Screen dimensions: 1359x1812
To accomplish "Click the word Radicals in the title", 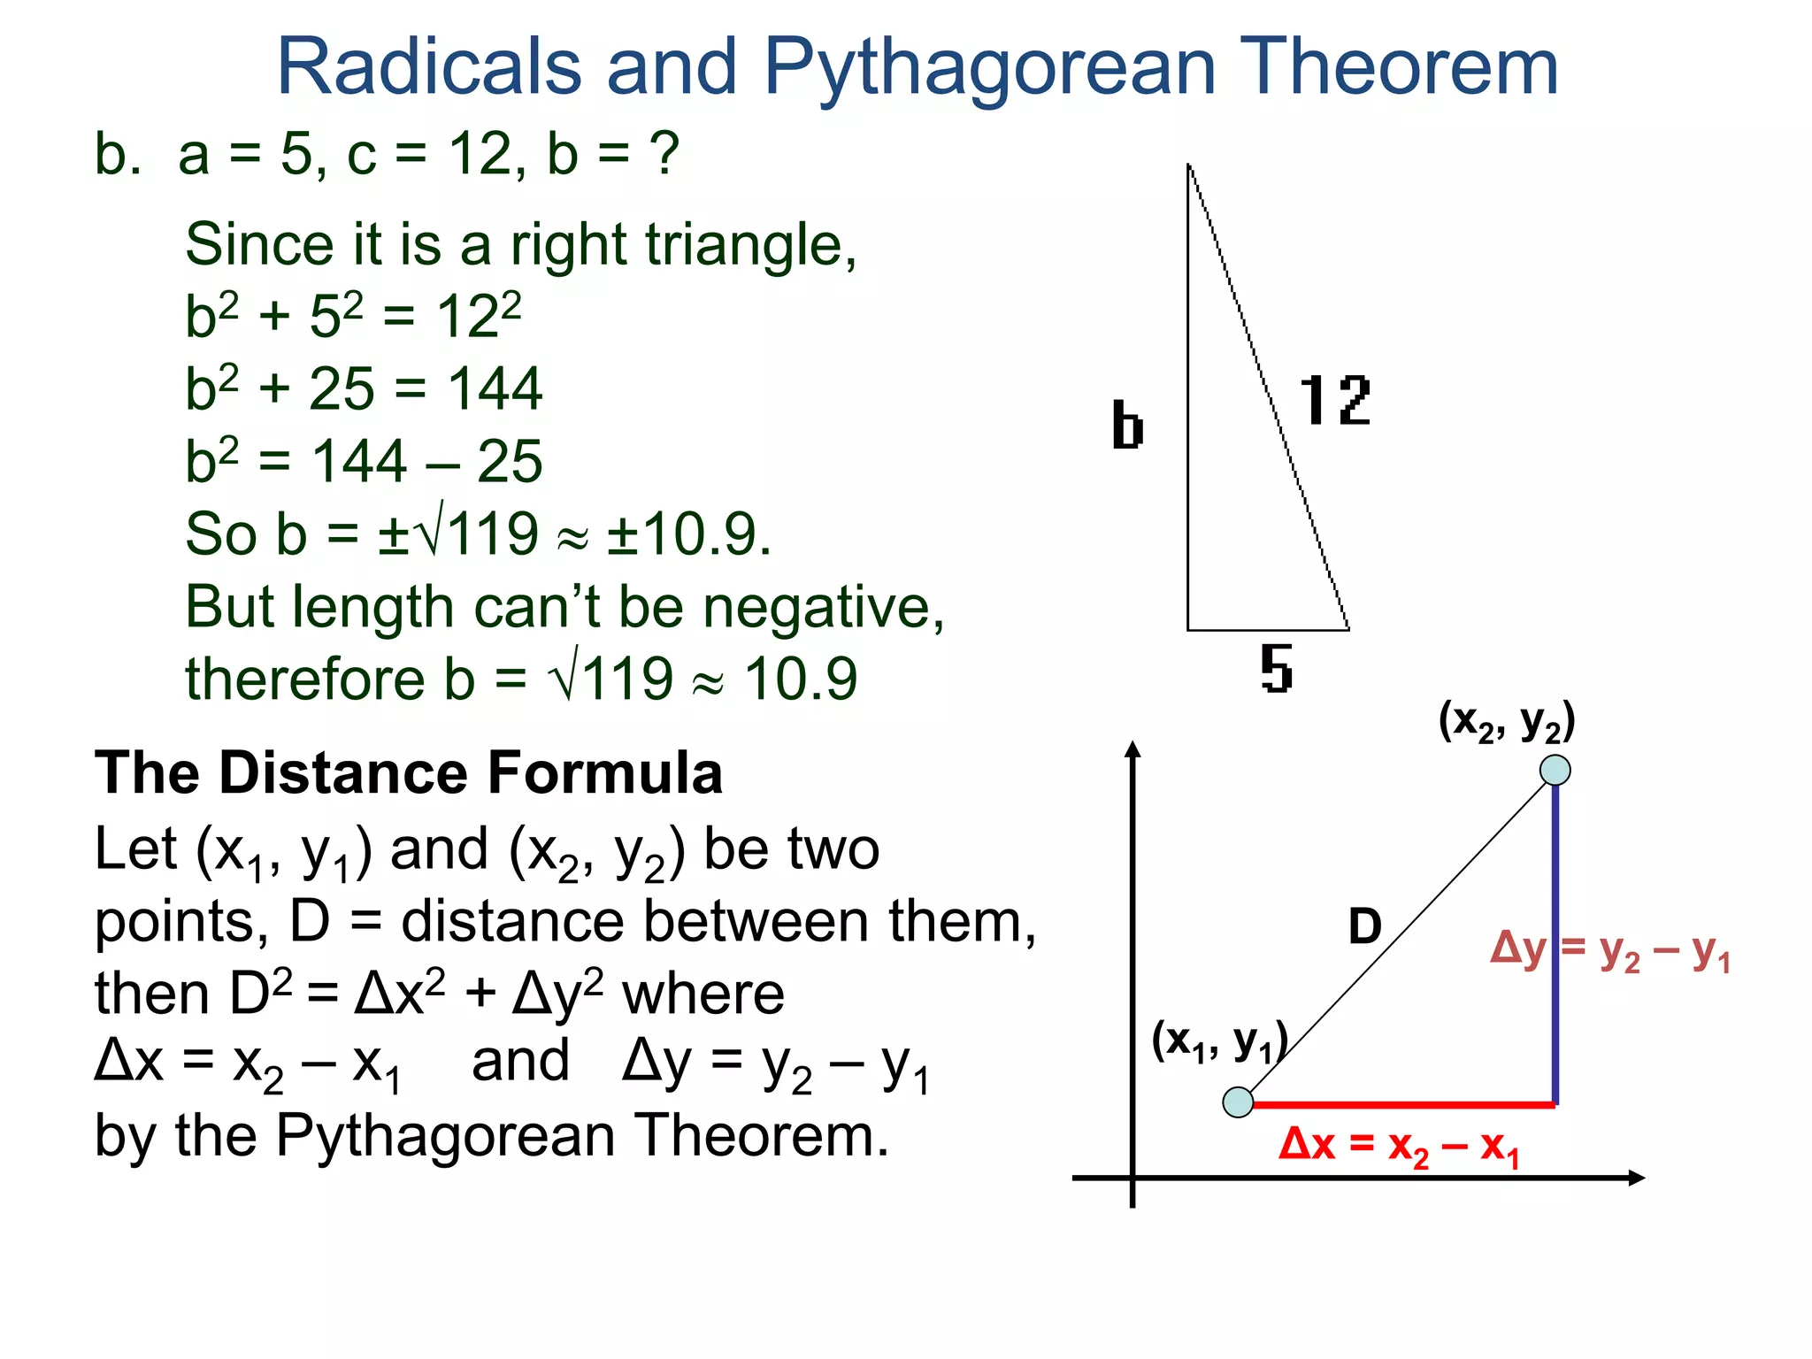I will pyautogui.click(x=429, y=67).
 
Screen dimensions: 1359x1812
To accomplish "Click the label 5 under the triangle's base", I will pyautogui.click(x=1276, y=669).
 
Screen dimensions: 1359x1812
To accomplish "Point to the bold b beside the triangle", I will pyautogui.click(x=1127, y=426).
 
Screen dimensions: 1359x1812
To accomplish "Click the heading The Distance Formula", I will pyautogui.click(x=409, y=773).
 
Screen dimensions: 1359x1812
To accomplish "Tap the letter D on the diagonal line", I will pyautogui.click(x=1364, y=927).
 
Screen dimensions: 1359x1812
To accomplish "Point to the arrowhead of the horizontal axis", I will pyautogui.click(x=1636, y=1179).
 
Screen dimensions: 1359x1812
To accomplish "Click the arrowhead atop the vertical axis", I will pyautogui.click(x=1132, y=749).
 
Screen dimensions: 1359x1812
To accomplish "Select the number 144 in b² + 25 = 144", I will pyautogui.click(x=495, y=389).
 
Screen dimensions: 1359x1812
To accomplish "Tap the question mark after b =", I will pyautogui.click(x=664, y=154).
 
